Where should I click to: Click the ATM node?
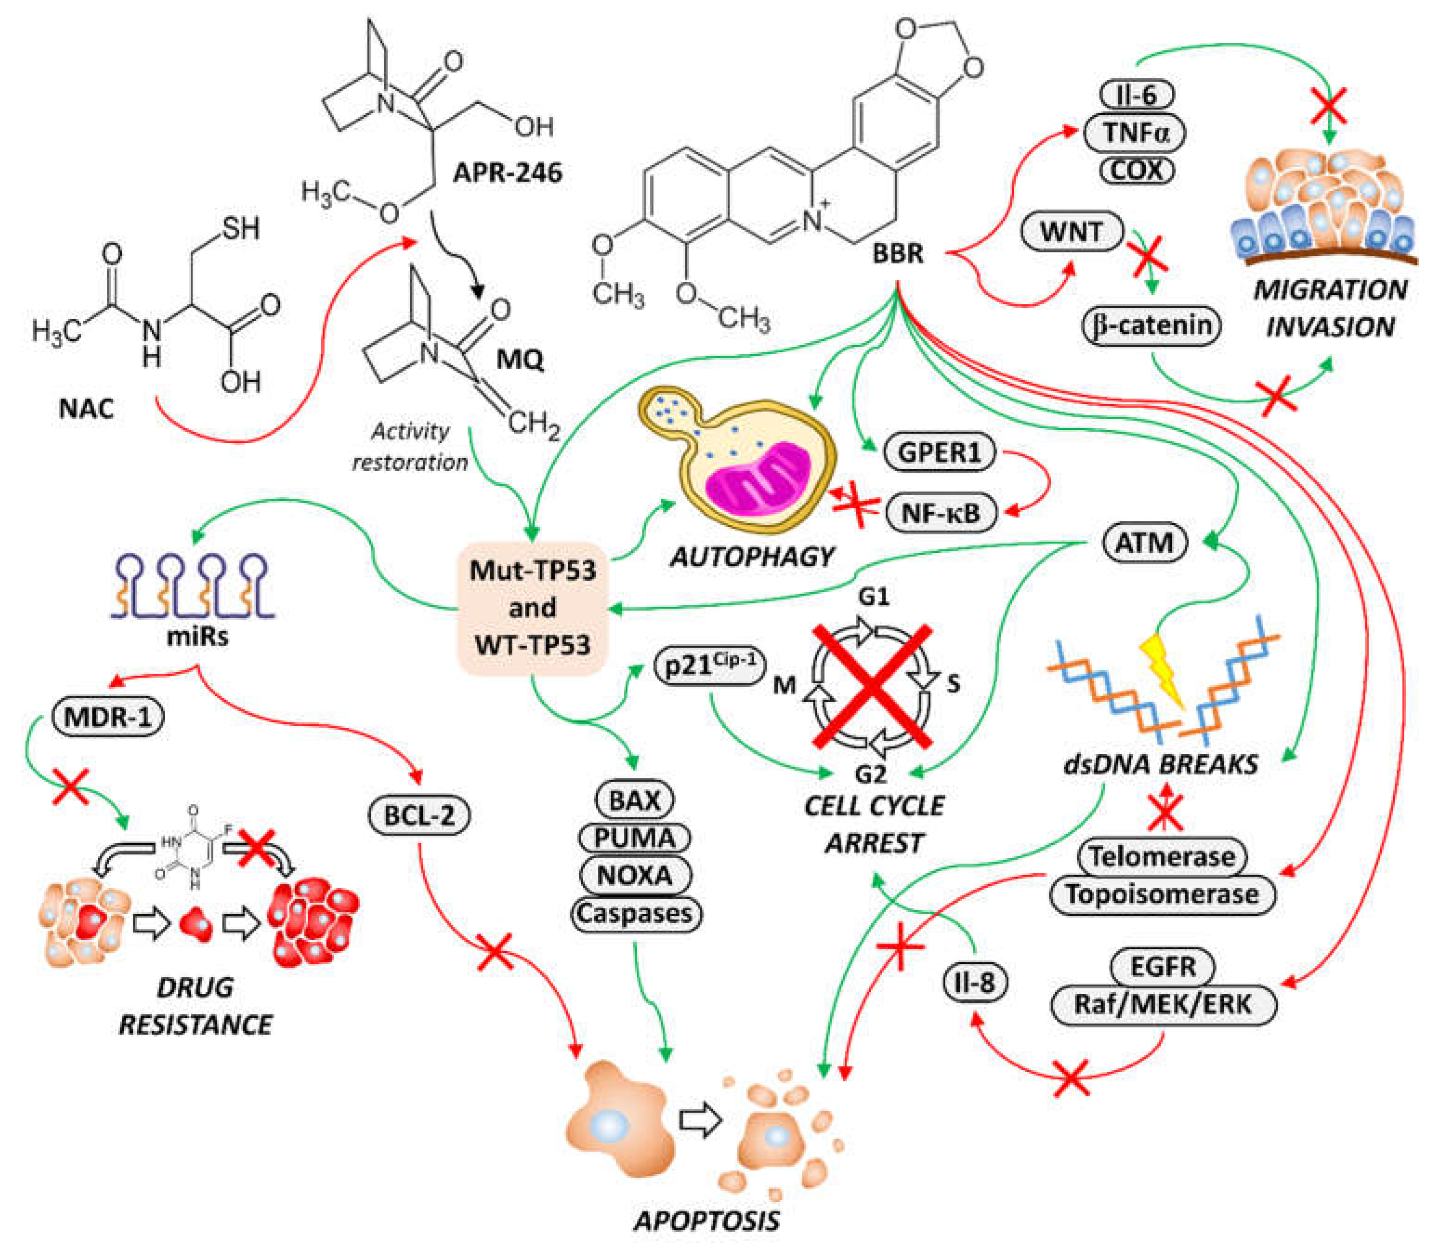pos(1144,542)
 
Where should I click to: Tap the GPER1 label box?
pos(939,453)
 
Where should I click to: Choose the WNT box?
pos(1072,231)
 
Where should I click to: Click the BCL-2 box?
pos(419,815)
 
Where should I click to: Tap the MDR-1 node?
pos(108,717)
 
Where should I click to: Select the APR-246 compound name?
pos(507,171)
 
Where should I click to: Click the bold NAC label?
pos(85,408)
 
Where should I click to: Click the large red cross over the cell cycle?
pos(873,685)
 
